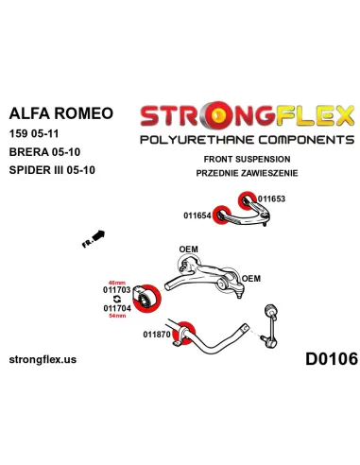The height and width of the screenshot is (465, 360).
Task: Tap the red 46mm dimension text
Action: click(116, 282)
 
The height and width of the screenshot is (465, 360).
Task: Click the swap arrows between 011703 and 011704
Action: click(116, 298)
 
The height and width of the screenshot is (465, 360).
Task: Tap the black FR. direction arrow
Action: click(94, 237)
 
